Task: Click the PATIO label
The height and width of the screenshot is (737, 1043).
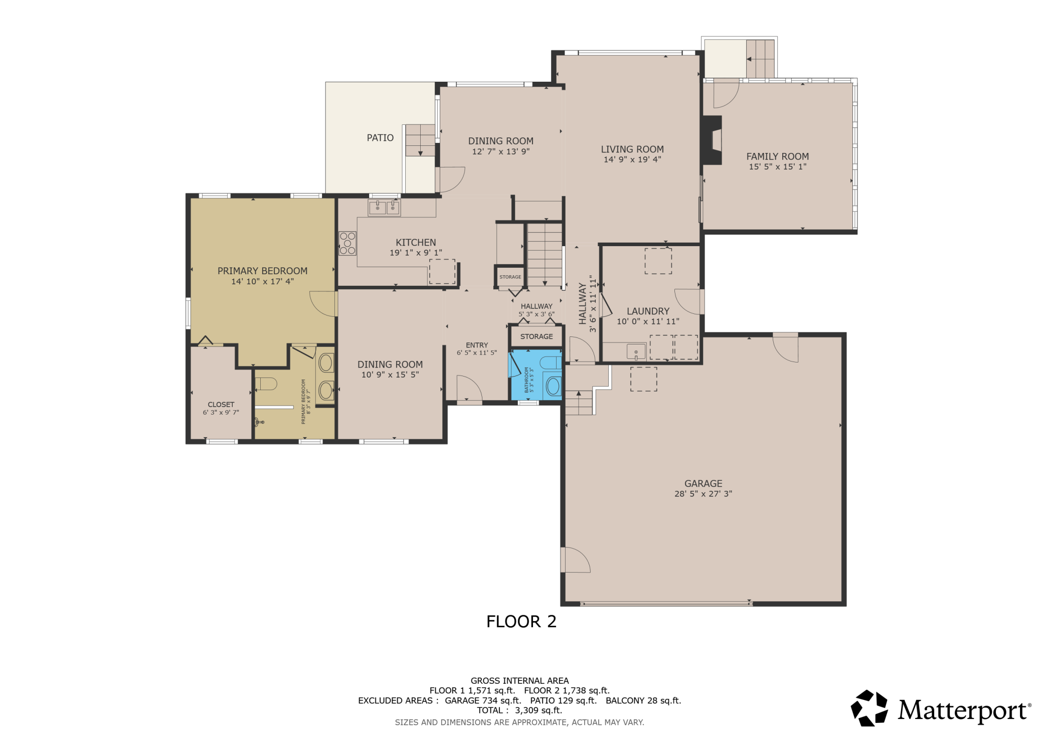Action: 380,138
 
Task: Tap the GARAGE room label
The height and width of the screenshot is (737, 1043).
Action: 703,483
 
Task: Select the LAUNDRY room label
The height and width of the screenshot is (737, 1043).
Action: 648,311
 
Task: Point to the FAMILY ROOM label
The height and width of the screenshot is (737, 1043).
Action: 777,156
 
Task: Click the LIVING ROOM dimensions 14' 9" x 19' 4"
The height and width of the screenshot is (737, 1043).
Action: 632,159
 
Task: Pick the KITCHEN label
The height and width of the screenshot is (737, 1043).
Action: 416,243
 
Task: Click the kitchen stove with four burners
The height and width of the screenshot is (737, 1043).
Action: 347,243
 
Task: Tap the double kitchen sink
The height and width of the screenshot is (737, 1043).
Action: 384,208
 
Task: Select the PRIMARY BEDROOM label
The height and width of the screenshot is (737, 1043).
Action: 262,271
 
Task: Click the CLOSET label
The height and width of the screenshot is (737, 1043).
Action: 221,405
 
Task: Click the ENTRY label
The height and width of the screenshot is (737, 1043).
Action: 476,345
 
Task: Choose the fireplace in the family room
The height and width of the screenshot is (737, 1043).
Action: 712,140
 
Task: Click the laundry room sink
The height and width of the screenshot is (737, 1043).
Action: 636,351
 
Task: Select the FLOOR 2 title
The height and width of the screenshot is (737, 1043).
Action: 521,622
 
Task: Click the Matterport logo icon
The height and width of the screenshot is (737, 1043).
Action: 869,708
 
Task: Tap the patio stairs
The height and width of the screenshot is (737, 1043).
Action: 420,140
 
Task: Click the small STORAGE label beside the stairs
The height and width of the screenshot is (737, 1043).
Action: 510,277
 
